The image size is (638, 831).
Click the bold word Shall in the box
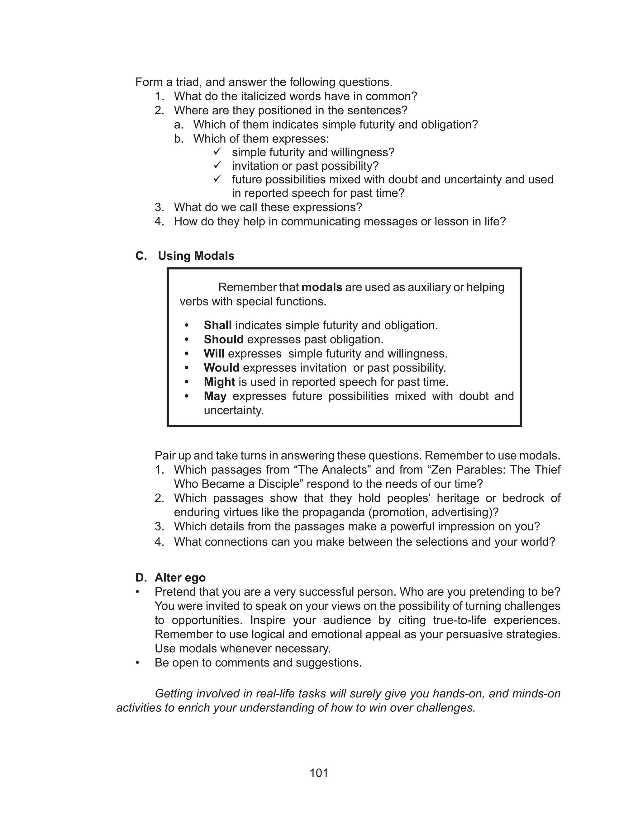(x=218, y=325)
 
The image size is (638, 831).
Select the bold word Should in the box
(x=223, y=339)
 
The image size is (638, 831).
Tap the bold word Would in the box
(x=221, y=368)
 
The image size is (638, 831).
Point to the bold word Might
(x=220, y=382)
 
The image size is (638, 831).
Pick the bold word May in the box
(x=215, y=396)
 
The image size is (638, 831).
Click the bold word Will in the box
(x=214, y=354)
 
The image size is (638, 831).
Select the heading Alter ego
(x=180, y=578)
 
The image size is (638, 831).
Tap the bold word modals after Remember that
(x=322, y=287)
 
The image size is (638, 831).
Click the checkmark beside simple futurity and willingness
(x=217, y=152)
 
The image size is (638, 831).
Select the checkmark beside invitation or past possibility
(x=217, y=165)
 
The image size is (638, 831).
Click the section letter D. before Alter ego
(x=141, y=578)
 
